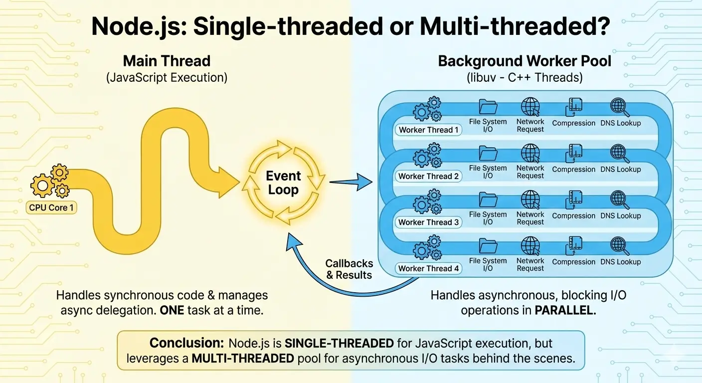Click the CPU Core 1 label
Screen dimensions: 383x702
(x=51, y=207)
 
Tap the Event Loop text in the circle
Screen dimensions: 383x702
(x=283, y=183)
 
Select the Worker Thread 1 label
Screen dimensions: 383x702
(x=428, y=130)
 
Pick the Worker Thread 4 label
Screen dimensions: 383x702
(x=428, y=269)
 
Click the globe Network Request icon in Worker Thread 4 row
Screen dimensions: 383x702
(x=530, y=245)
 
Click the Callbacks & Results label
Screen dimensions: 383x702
(x=349, y=269)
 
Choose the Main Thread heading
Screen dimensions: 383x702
(x=167, y=61)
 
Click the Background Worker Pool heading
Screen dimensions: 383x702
(x=525, y=61)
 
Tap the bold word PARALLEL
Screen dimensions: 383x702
(x=564, y=310)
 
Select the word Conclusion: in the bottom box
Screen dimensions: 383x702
(x=187, y=344)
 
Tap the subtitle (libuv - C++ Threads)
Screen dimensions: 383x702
(x=525, y=78)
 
